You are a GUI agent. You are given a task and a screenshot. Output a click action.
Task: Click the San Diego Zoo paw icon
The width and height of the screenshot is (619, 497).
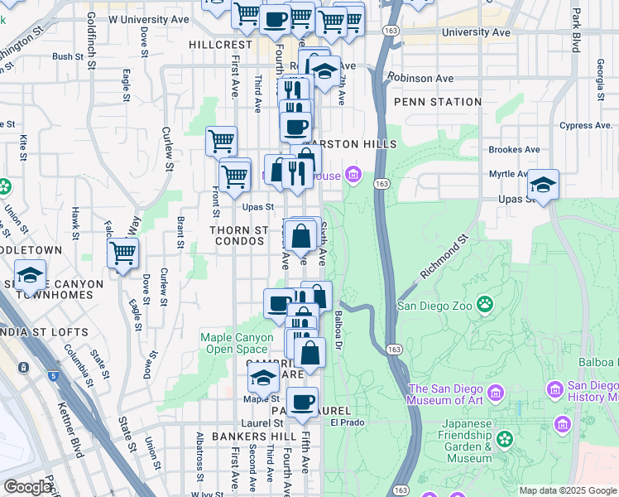pos(484,306)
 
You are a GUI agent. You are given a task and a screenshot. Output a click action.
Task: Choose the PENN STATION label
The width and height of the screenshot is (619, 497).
pos(438,102)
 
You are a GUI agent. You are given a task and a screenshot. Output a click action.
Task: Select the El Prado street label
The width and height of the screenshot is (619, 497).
pos(348,422)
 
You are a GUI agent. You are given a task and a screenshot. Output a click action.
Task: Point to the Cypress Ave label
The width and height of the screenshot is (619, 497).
pos(587,126)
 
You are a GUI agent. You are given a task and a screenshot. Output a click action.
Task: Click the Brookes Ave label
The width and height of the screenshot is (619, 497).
pos(514,150)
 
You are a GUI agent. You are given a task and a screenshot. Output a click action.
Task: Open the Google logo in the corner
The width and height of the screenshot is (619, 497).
pos(27,487)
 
